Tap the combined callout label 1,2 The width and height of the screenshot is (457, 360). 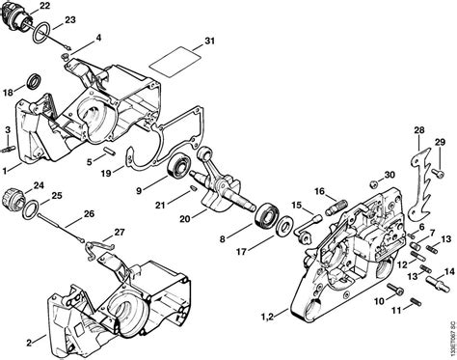point(272,318)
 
